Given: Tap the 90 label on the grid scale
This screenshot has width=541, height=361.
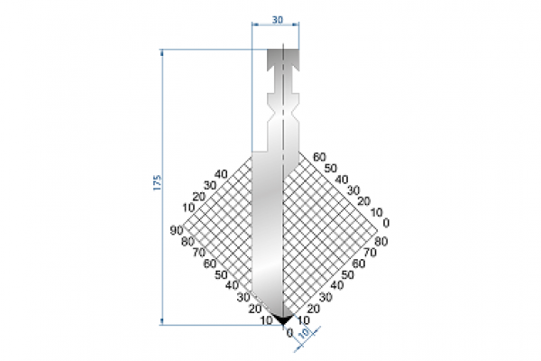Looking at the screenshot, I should [176, 232].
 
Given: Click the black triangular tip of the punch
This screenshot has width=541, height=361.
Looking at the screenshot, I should [283, 319].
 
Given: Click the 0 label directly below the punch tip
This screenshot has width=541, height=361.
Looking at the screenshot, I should [289, 332].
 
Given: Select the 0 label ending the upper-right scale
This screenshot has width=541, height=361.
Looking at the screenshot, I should [386, 222].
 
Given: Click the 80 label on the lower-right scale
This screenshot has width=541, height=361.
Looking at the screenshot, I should [381, 242].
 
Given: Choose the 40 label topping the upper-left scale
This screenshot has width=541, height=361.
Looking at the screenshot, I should [221, 174].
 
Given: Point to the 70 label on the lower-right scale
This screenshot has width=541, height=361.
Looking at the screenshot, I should [371, 253].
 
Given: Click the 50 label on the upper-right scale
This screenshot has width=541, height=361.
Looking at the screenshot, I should [331, 168].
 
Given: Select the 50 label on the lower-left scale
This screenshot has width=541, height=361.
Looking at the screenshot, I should [220, 274].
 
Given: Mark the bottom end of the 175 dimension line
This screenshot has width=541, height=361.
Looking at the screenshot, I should [161, 322].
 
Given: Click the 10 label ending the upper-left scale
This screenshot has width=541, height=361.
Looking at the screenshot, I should [188, 208].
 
